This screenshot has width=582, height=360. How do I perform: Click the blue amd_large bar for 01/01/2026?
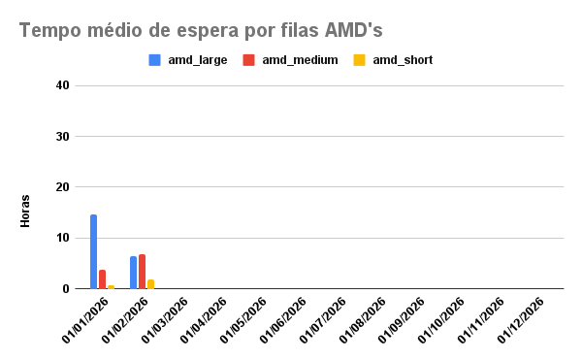point(94,251)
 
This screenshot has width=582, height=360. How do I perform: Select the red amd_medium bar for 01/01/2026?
point(102,279)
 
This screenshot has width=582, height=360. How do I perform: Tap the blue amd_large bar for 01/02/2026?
point(134,273)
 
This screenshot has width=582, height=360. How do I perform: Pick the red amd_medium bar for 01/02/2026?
point(143,272)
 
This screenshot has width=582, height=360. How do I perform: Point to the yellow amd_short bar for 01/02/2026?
point(150,284)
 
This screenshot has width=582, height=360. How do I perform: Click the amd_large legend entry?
point(188,60)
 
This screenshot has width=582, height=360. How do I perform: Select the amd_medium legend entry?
point(290,60)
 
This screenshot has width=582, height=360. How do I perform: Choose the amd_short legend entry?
point(393,60)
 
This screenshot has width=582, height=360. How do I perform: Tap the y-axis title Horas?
point(25,211)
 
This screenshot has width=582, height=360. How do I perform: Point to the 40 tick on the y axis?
point(63,85)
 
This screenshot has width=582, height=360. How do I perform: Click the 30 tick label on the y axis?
point(63,137)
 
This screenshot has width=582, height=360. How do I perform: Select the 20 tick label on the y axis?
point(63,187)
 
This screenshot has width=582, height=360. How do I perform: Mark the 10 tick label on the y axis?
point(63,238)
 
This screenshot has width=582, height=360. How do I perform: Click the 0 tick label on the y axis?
point(66,288)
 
